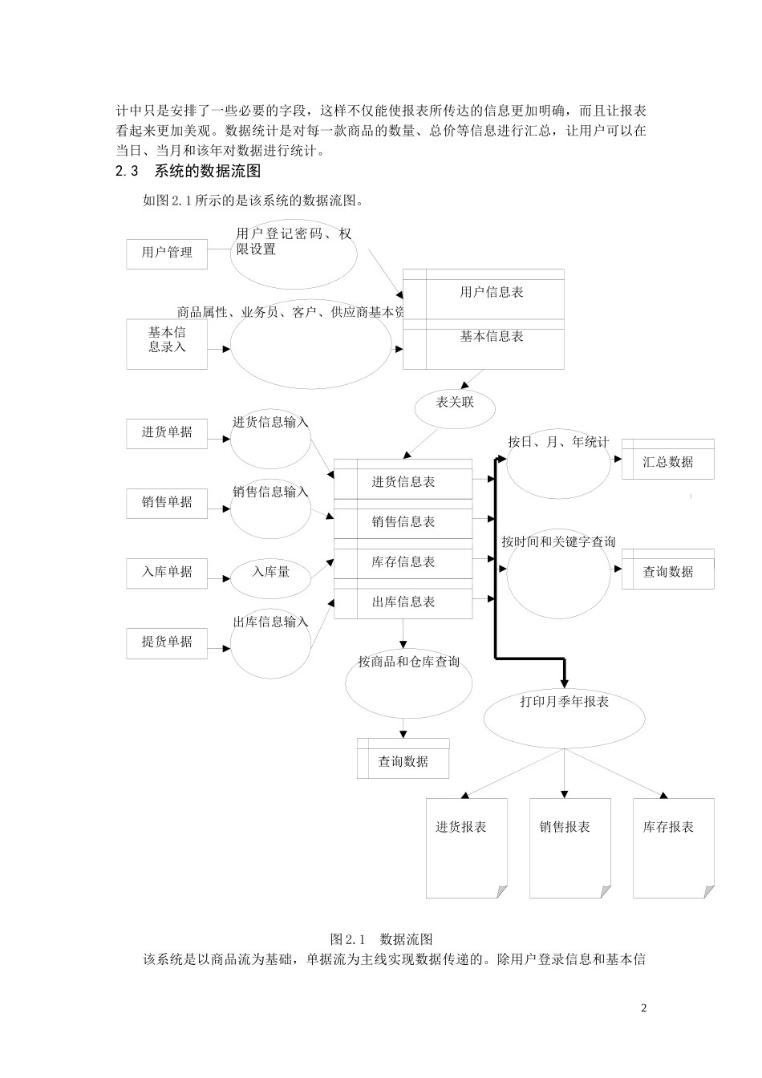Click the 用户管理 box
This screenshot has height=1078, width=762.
coord(167,253)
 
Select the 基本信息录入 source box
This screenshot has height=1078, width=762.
coord(167,343)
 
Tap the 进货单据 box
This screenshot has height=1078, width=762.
coord(167,432)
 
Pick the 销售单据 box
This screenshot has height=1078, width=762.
coord(167,502)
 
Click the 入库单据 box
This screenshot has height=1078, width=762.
coord(167,572)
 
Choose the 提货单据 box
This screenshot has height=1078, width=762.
coord(167,642)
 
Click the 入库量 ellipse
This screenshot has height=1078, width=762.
coord(270,572)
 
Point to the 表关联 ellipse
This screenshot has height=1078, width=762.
coord(455,403)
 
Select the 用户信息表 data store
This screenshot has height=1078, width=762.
coord(491,294)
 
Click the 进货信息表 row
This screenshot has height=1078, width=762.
coord(403,482)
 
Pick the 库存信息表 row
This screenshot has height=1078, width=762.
coord(403,562)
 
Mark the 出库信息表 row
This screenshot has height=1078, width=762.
coord(403,602)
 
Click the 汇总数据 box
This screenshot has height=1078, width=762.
coord(667,462)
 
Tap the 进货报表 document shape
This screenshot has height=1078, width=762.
coord(465,842)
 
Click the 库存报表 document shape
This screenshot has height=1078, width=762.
coord(672,842)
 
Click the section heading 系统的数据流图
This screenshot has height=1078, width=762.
coord(207,171)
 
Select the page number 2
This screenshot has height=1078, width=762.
coord(643,1008)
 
